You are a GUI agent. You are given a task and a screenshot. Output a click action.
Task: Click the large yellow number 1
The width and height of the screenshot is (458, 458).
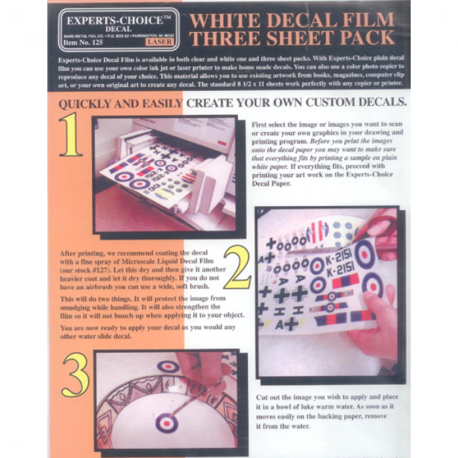point(70,135)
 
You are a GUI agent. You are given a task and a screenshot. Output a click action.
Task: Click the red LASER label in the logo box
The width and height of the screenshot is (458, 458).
point(160,42)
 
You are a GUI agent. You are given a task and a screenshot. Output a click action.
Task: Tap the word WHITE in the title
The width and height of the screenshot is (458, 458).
point(222,18)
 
